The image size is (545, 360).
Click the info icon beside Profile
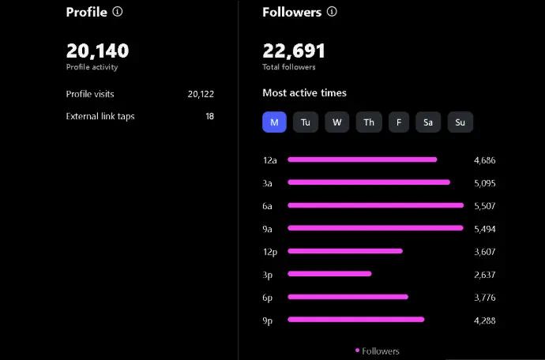(x=118, y=12)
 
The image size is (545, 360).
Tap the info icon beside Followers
(x=332, y=12)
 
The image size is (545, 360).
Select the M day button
(x=274, y=122)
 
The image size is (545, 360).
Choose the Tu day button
(x=306, y=122)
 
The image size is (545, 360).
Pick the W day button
(x=336, y=122)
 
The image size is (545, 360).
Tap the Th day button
(x=368, y=122)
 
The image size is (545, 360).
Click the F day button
(x=399, y=122)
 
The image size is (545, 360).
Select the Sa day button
(x=428, y=122)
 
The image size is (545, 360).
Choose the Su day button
(x=460, y=122)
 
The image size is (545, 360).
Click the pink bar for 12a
(x=362, y=159)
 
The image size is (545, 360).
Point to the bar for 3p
(x=329, y=274)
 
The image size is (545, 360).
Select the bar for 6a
(x=375, y=205)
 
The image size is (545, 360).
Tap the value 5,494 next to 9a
(x=484, y=229)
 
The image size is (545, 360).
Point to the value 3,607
(x=484, y=252)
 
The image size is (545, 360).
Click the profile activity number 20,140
(x=97, y=51)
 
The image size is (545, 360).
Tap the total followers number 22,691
(x=294, y=51)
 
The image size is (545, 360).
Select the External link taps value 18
(x=209, y=117)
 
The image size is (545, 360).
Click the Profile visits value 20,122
(x=201, y=94)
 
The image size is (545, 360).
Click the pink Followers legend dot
(x=357, y=350)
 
